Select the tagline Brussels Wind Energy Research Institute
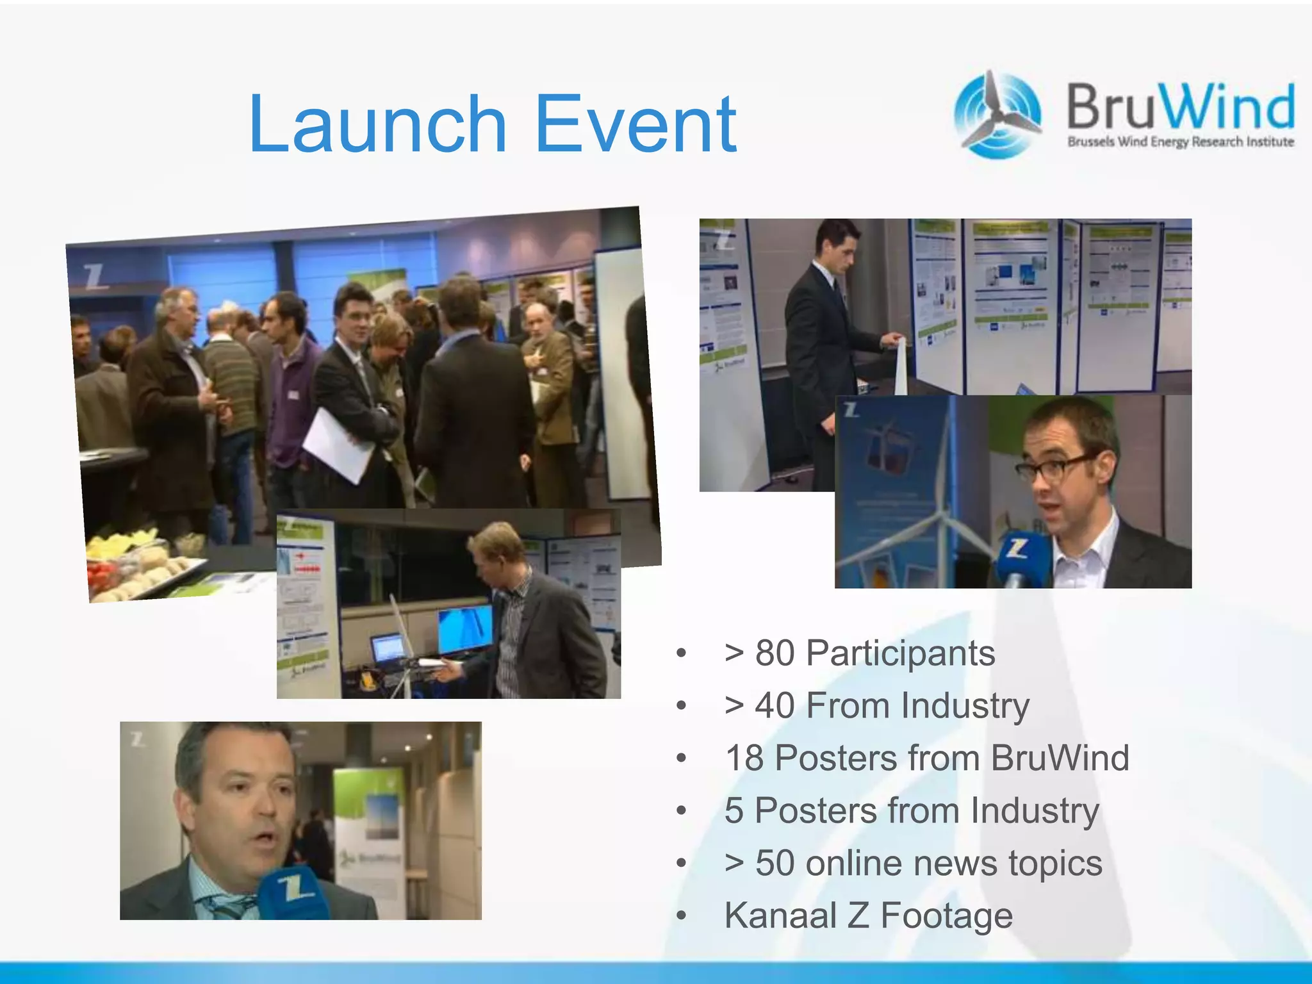pyautogui.click(x=1180, y=142)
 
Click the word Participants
pyautogui.click(x=900, y=653)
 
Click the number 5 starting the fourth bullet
pyautogui.click(x=734, y=811)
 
